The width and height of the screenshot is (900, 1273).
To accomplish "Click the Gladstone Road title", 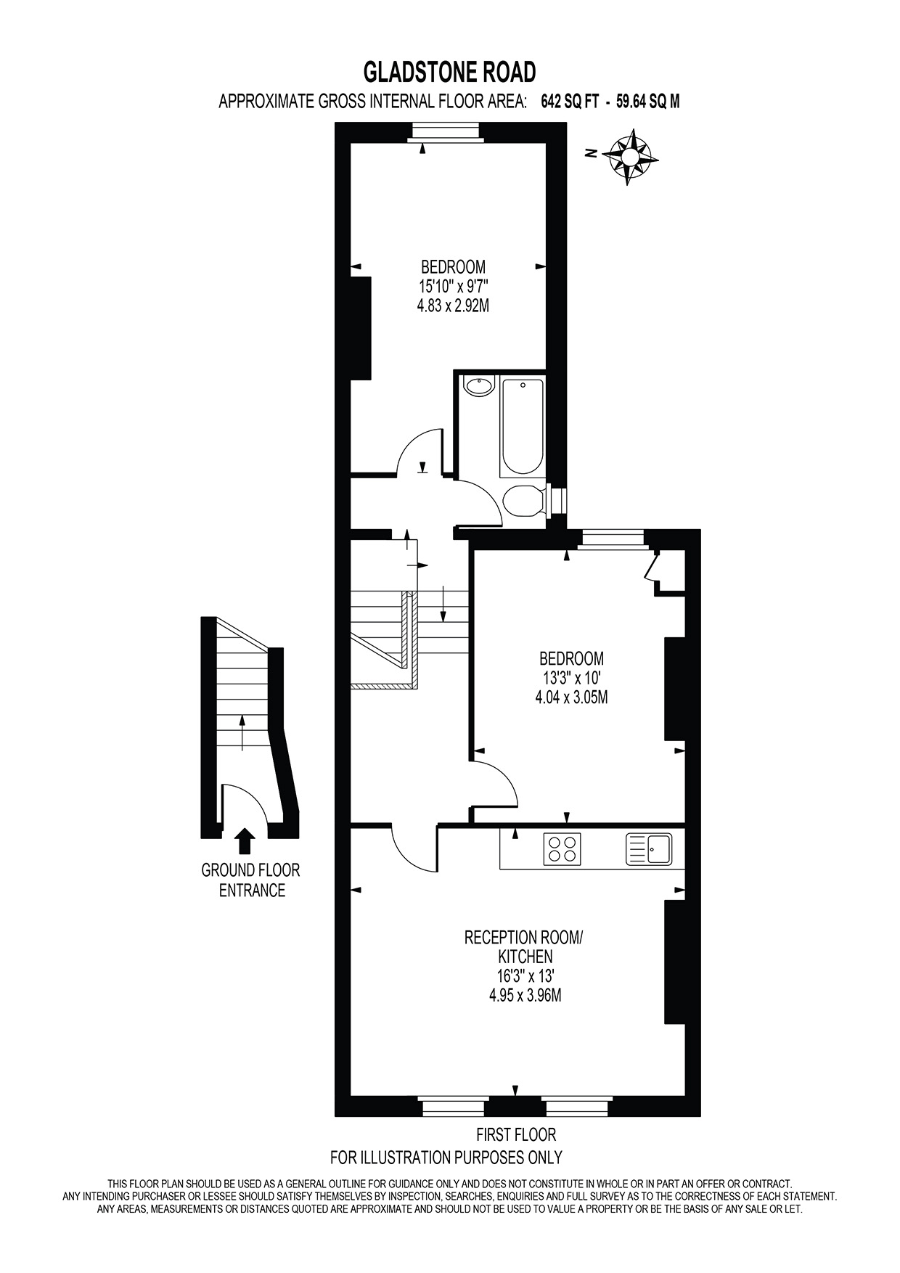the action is tap(449, 73).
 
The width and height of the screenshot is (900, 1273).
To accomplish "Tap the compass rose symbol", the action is tap(634, 155).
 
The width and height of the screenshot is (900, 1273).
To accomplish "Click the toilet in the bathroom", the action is tap(523, 501).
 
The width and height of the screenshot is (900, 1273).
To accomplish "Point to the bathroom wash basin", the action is tap(478, 386).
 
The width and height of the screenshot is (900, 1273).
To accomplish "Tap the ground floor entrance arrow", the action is tap(245, 840).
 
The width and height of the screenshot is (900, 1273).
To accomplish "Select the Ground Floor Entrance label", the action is tap(251, 880).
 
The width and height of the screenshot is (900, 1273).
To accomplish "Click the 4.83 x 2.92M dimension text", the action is tap(452, 306).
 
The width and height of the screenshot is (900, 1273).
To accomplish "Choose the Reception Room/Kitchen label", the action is tap(523, 946).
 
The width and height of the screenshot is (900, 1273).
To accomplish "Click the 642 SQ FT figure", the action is tap(570, 102).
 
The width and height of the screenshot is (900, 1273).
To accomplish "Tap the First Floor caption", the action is tap(516, 1134).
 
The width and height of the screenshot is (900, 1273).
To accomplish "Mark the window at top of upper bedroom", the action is tap(445, 131).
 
